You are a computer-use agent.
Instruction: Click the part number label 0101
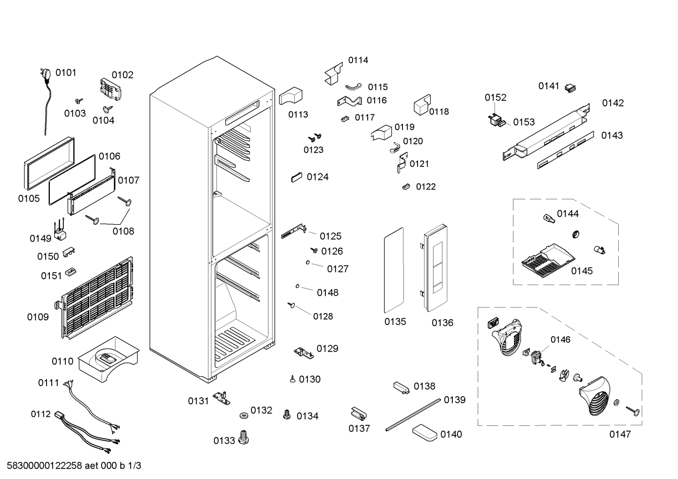point(66,72)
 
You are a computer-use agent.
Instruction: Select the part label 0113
point(298,114)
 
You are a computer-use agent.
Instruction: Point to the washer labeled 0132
point(243,415)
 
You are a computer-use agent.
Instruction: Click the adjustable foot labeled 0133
point(244,437)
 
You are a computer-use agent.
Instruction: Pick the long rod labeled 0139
point(413,415)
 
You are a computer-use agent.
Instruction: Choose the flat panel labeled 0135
point(394,270)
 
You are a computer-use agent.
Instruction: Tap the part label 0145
point(582,271)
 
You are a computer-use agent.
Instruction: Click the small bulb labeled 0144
point(549,218)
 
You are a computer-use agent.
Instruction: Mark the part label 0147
point(620,434)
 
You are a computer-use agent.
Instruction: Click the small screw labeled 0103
point(79,101)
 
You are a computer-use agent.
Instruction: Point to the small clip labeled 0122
point(406,187)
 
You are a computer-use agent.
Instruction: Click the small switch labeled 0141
point(570,88)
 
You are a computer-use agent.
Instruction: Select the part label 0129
point(327,349)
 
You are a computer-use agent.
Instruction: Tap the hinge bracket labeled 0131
point(221,398)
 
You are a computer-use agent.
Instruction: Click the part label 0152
point(496,97)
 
